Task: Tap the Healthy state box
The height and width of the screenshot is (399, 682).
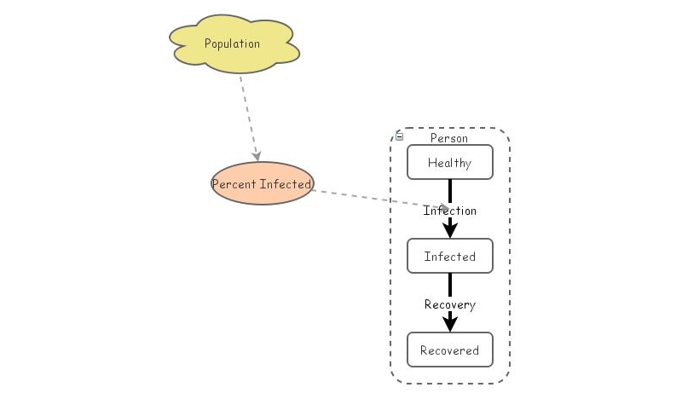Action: coord(449,163)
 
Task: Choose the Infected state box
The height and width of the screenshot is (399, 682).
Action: coord(449,257)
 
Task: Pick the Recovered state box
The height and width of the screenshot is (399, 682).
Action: coord(449,350)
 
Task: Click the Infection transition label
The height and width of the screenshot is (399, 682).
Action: coord(450,211)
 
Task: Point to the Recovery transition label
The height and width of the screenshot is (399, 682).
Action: coord(450,304)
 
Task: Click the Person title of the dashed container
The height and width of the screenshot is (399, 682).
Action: coord(448,138)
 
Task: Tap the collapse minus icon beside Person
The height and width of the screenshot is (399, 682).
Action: coord(400,136)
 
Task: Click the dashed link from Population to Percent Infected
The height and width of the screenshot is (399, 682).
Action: coord(248,115)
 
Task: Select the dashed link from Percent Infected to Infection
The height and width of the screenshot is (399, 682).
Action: coord(367,198)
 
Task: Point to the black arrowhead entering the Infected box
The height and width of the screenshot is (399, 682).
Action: coord(450,230)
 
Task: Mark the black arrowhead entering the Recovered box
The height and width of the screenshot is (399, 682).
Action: coord(450,324)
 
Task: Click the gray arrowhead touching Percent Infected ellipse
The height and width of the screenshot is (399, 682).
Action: coord(257,156)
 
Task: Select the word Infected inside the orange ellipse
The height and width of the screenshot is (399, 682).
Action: coord(286,184)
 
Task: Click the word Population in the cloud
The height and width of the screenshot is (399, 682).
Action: coord(232,43)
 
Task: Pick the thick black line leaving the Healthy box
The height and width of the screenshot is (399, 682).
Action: coord(450,191)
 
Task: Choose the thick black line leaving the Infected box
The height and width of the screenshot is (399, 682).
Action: coord(450,285)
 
